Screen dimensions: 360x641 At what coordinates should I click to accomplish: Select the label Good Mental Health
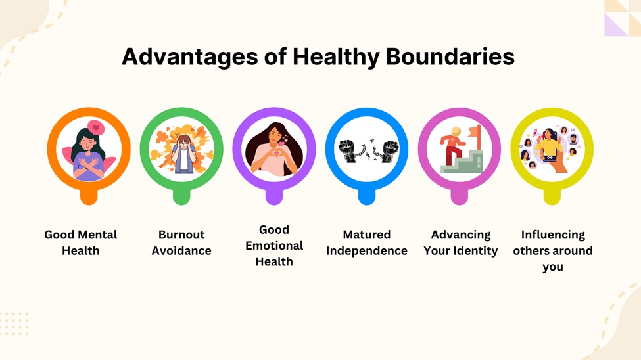coord(81,242)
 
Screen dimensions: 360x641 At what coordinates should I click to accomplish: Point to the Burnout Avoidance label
coord(181,242)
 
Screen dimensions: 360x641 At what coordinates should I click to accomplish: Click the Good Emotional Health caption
coord(274,245)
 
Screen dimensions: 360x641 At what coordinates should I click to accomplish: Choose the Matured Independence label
coord(367,242)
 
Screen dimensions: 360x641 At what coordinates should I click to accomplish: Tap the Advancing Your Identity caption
coord(460,242)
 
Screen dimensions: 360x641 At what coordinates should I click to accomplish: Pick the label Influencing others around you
coord(553,250)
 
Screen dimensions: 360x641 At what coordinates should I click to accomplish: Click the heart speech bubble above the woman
coord(96,127)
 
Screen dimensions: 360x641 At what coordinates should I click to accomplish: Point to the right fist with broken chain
coord(389,150)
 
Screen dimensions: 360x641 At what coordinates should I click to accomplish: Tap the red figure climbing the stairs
coord(453,146)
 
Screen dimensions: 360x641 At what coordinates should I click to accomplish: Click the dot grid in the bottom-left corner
coord(14,323)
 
